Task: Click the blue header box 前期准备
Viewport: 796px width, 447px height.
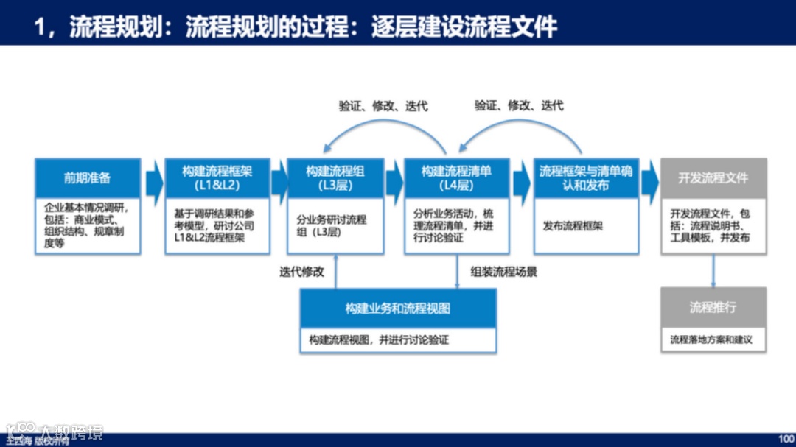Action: (87, 178)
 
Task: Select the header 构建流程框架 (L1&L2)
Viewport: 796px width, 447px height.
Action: (217, 178)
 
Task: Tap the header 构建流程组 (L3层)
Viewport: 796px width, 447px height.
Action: (335, 178)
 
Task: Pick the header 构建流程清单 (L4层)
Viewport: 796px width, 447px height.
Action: (456, 178)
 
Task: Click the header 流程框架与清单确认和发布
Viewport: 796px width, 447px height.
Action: (585, 178)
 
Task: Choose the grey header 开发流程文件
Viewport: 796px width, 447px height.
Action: (713, 178)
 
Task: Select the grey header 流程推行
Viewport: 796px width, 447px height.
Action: (713, 307)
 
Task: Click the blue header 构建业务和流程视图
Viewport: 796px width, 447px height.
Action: (397, 309)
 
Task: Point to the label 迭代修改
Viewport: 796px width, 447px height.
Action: (301, 272)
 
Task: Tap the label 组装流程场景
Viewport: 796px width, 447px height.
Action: (504, 272)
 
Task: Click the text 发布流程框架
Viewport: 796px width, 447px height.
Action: (573, 226)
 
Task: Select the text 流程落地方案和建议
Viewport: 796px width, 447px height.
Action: (711, 340)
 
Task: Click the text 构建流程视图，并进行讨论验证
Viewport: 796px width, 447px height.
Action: (379, 340)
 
